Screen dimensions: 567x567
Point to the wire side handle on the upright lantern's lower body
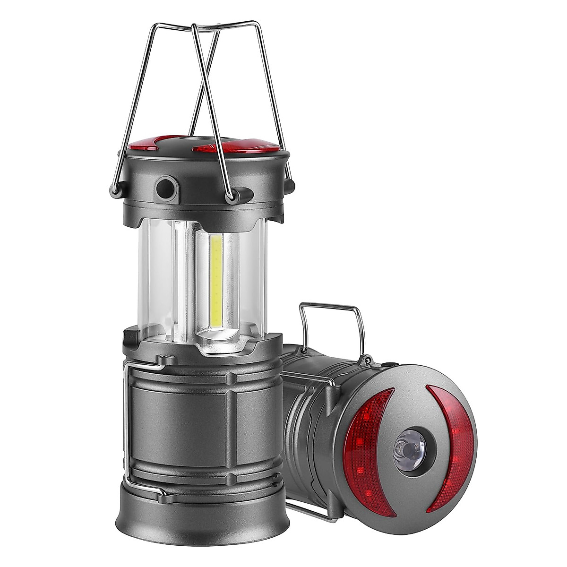pyautogui.click(x=127, y=425)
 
